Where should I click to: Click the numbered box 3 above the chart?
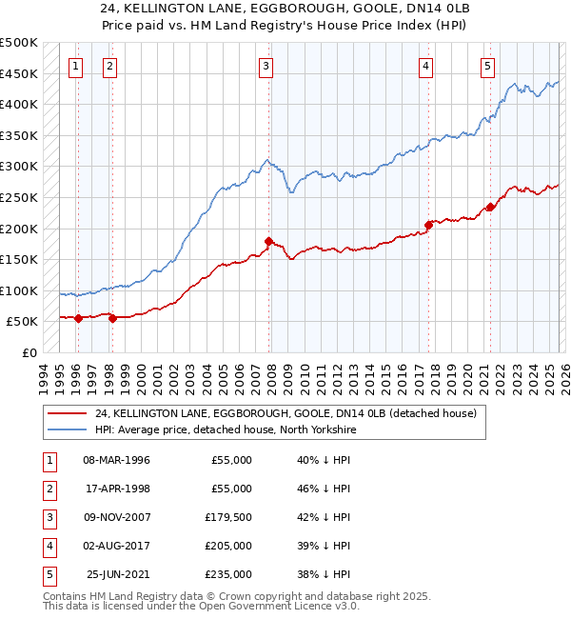click(x=266, y=67)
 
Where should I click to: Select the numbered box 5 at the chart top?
click(x=487, y=67)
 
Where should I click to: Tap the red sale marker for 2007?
click(x=268, y=241)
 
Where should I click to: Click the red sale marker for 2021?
click(x=490, y=207)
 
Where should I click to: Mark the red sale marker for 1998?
click(x=112, y=318)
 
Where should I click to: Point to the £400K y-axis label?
click(x=18, y=104)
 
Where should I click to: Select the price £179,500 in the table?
click(x=230, y=517)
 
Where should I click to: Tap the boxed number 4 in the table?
click(x=47, y=546)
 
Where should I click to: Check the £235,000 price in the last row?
click(x=230, y=574)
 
